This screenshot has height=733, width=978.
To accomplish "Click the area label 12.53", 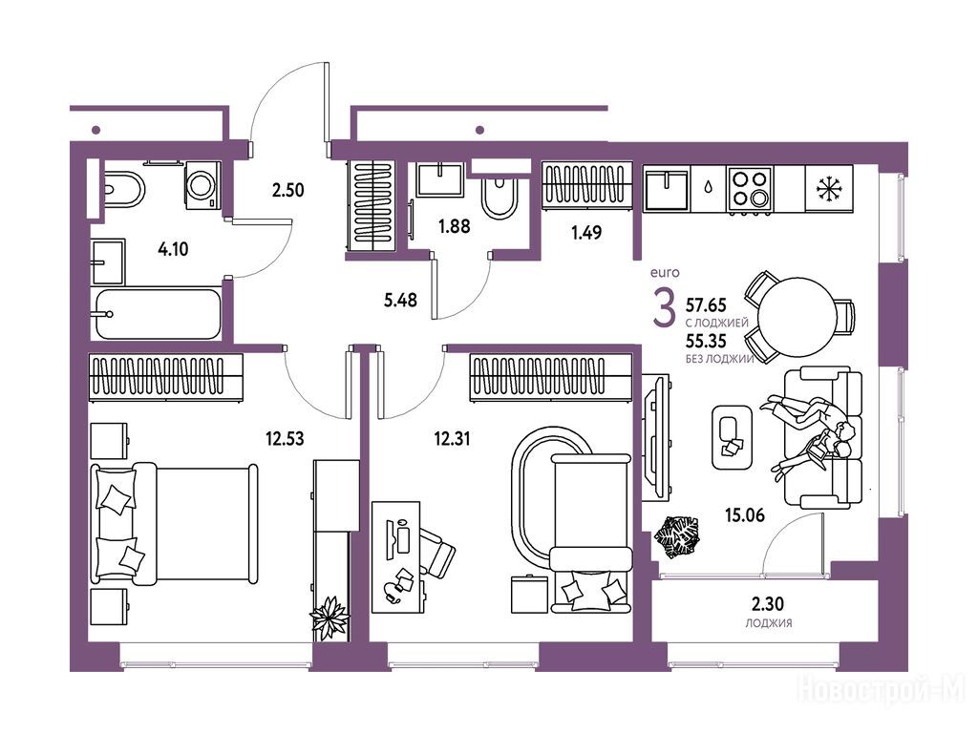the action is [285, 439].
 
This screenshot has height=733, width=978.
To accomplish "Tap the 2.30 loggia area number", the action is [768, 604].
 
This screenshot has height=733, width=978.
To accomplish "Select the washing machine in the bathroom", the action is [202, 185].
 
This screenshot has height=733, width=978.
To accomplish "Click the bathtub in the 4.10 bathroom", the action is [158, 313].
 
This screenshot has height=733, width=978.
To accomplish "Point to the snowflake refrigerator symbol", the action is [829, 188].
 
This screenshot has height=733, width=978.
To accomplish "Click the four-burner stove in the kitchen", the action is [750, 190].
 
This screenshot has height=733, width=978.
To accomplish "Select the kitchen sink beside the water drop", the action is [666, 190].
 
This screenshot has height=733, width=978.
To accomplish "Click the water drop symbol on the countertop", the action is [709, 187].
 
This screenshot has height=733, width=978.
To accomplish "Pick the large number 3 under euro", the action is [664, 308].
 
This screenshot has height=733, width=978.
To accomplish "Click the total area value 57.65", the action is [706, 304].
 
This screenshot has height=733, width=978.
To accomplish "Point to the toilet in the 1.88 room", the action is [499, 197].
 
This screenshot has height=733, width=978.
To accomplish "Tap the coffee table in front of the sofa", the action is [732, 437].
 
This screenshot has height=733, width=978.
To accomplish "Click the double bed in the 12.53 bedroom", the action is [175, 524].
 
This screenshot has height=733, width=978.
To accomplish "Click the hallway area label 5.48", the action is [400, 301].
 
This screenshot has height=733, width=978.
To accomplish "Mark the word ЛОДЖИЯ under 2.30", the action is [769, 622].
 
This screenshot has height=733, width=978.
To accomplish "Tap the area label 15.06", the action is [745, 515].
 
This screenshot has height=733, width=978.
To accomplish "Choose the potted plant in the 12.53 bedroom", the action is [330, 618].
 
